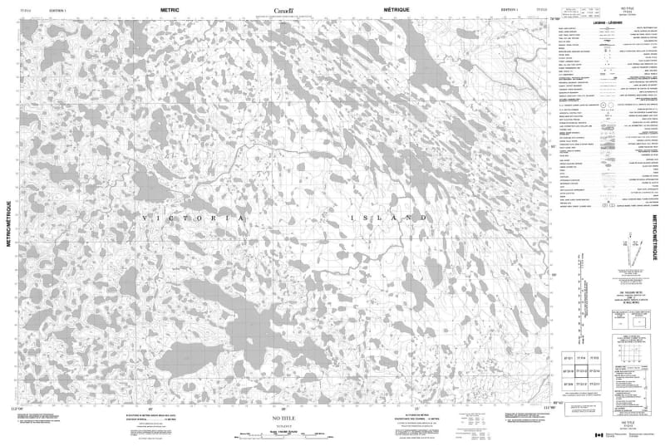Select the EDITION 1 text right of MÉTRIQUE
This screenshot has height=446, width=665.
pos(505,9)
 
